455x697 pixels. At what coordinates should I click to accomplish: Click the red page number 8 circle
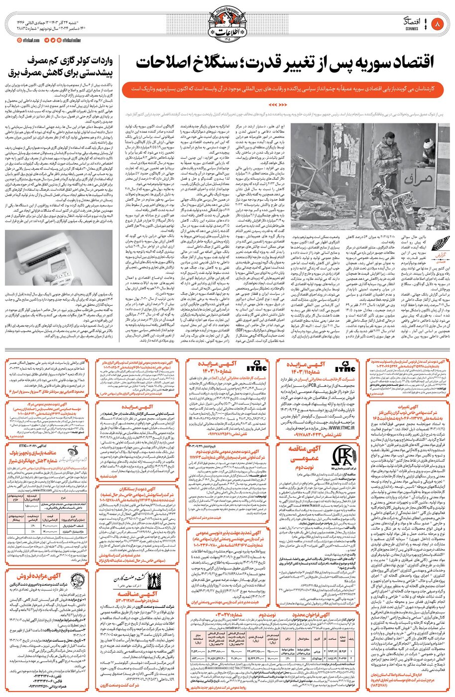pos(438,23)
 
